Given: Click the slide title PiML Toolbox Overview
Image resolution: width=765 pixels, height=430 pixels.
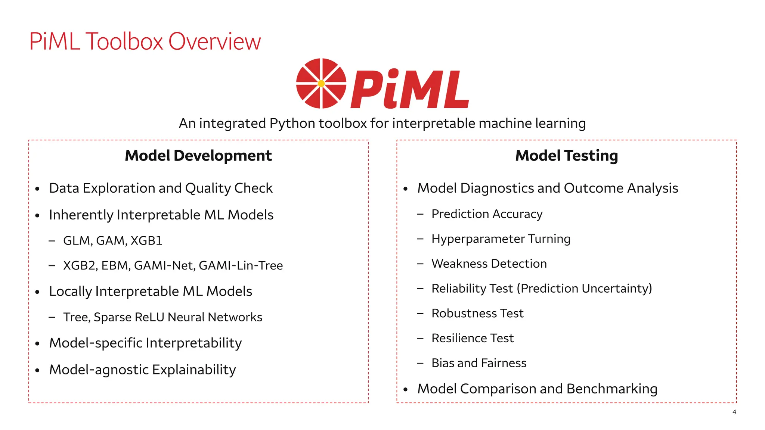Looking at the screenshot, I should [145, 41].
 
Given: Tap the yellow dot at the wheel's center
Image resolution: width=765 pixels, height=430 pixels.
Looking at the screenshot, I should [321, 84].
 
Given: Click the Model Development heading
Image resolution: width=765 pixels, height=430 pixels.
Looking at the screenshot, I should [198, 156].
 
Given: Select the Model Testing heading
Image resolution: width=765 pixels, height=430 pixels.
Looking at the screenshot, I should [566, 156].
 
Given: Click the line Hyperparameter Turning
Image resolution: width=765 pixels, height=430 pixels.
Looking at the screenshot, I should [501, 239].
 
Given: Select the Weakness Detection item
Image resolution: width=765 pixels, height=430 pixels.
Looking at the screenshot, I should [489, 264].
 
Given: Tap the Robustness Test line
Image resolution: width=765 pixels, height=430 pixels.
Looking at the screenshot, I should [477, 313].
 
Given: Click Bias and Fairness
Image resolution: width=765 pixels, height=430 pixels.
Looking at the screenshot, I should [479, 363].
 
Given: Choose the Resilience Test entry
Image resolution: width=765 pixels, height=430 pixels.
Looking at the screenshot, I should [473, 338].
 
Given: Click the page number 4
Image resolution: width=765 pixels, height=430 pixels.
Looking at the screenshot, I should [734, 412].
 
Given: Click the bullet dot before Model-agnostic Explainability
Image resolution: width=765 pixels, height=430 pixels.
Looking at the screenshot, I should [37, 370].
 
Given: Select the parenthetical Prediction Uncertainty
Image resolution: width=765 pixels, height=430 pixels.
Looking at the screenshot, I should [584, 289].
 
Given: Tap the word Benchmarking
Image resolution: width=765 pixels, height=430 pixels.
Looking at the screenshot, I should [611, 389].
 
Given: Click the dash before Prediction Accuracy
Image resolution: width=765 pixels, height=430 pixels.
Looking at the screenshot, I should [420, 214].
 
